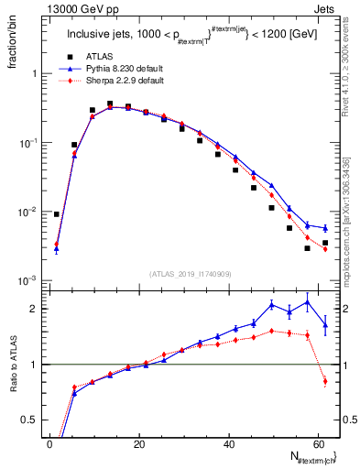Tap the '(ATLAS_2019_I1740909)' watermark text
(190, 273)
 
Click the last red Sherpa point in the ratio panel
(325, 381)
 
